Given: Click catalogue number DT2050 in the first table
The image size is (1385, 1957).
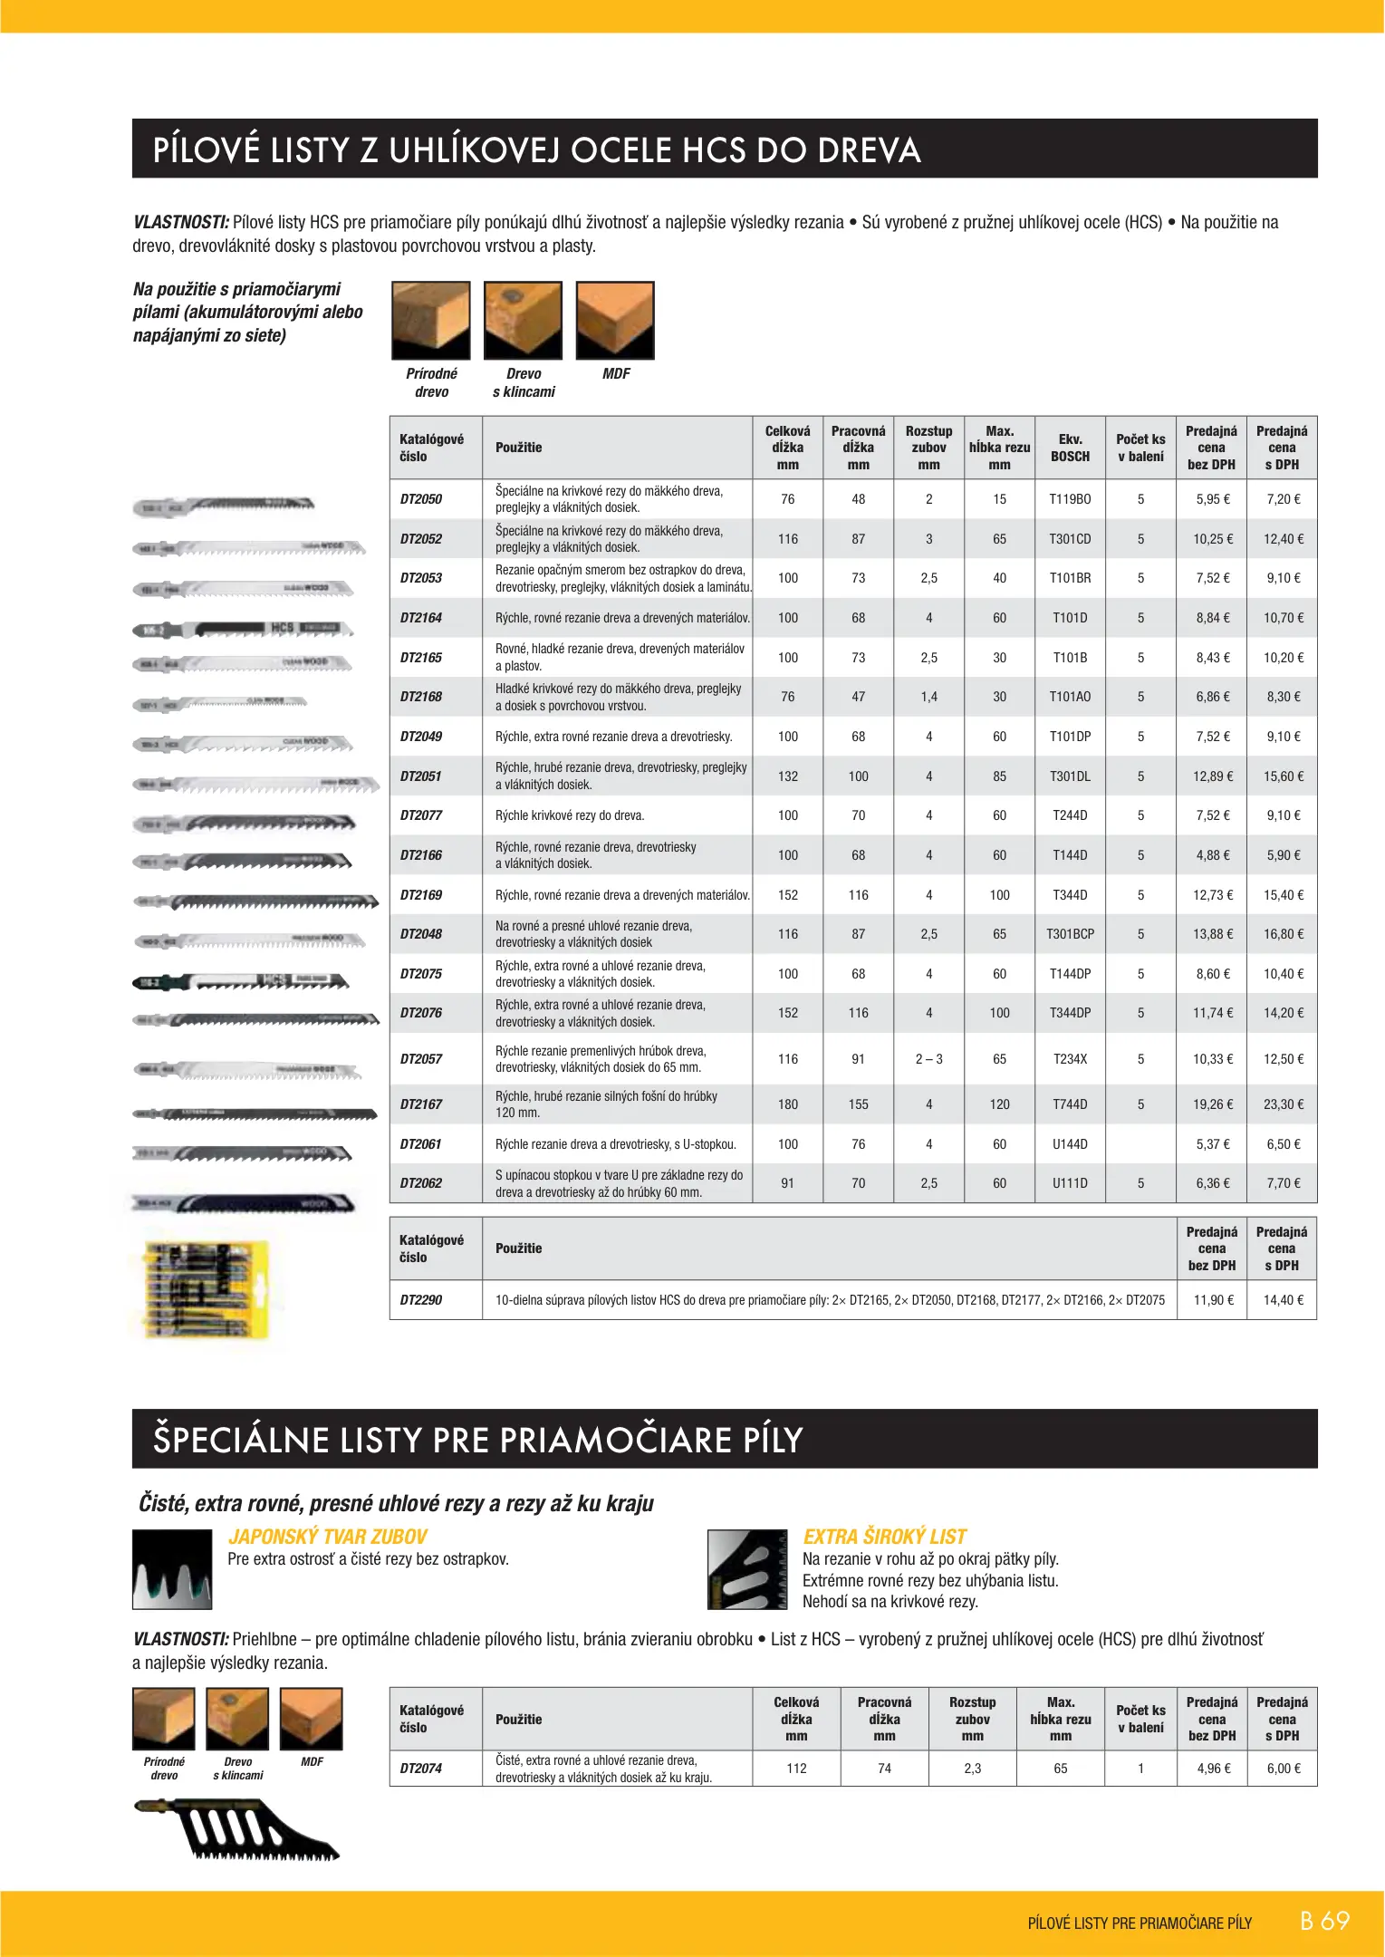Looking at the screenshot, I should pyautogui.click(x=421, y=499).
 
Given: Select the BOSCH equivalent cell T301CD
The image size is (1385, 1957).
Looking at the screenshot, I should pyautogui.click(x=1070, y=539).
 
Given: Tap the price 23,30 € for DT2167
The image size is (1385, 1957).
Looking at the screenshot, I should pyautogui.click(x=1283, y=1104).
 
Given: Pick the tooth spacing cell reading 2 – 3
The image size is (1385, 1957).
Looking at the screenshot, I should pyautogui.click(x=928, y=1059).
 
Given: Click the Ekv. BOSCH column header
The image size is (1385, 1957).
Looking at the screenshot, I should pyautogui.click(x=1070, y=448).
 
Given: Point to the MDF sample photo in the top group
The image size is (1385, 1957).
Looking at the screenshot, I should pyautogui.click(x=615, y=320).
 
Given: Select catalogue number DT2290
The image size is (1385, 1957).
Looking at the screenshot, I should pyautogui.click(x=421, y=1300).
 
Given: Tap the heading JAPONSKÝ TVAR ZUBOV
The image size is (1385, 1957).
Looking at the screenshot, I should pyautogui.click(x=327, y=1537).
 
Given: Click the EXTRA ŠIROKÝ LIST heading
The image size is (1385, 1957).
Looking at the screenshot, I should pyautogui.click(x=884, y=1537).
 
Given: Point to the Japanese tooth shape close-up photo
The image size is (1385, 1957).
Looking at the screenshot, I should pyautogui.click(x=172, y=1569).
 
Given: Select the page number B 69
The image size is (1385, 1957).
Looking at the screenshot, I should pyautogui.click(x=1323, y=1921).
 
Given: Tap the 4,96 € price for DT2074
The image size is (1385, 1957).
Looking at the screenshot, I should pyautogui.click(x=1213, y=1769).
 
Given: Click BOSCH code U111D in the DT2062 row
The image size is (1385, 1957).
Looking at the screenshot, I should pyautogui.click(x=1070, y=1183).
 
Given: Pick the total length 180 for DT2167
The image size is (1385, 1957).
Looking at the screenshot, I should pyautogui.click(x=788, y=1104).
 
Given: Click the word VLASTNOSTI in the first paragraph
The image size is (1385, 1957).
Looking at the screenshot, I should pyautogui.click(x=180, y=222).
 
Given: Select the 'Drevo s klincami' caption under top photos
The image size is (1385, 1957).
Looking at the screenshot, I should pyautogui.click(x=524, y=382).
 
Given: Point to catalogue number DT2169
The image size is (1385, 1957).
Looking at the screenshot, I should pyautogui.click(x=421, y=895).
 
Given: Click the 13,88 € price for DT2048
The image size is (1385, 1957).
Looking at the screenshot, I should pyautogui.click(x=1212, y=934).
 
